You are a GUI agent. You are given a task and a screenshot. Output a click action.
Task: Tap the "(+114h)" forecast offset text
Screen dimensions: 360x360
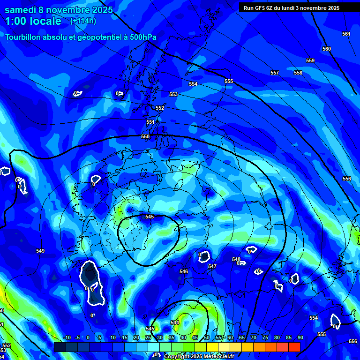pyautogui.click(x=84, y=21)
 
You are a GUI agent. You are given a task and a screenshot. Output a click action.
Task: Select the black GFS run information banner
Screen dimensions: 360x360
pyautogui.click(x=299, y=7)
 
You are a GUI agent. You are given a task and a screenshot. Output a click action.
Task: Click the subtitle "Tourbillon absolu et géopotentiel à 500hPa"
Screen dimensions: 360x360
pyautogui.click(x=81, y=37)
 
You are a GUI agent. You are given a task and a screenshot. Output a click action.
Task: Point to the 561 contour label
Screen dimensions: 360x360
pyautogui.click(x=346, y=34)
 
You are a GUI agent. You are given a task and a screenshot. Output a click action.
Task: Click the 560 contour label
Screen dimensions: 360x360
pyautogui.click(x=327, y=49)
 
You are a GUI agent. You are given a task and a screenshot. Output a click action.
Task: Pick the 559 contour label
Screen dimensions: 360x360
pyautogui.click(x=310, y=60)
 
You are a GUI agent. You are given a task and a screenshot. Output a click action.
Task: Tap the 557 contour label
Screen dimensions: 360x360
pyautogui.click(x=275, y=73)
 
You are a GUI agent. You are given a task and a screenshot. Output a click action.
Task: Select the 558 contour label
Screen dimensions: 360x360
pyautogui.click(x=298, y=73)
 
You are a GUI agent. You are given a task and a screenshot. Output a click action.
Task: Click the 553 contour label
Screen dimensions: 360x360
pyautogui.click(x=173, y=94)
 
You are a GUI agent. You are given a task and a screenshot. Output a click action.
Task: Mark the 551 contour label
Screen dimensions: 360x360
pyautogui.click(x=150, y=122)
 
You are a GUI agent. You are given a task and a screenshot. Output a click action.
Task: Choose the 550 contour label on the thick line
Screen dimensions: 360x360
pyautogui.click(x=145, y=136)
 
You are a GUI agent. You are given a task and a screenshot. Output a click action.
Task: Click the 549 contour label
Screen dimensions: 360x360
pyautogui.click(x=40, y=251)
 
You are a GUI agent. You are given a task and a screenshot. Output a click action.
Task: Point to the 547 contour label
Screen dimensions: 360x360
pyautogui.click(x=212, y=266)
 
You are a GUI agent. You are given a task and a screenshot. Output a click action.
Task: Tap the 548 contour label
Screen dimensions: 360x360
pyautogui.click(x=236, y=259)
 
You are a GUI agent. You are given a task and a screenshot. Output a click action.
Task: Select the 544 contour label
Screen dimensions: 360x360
pyautogui.click(x=175, y=322)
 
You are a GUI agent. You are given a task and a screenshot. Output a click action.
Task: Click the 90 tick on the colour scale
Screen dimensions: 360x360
pyautogui.click(x=300, y=337)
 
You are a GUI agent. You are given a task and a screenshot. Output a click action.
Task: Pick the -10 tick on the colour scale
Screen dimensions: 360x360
pyautogui.click(x=67, y=337)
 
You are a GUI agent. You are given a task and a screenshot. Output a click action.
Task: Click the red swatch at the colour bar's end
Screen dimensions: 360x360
pyautogui.click(x=294, y=347)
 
